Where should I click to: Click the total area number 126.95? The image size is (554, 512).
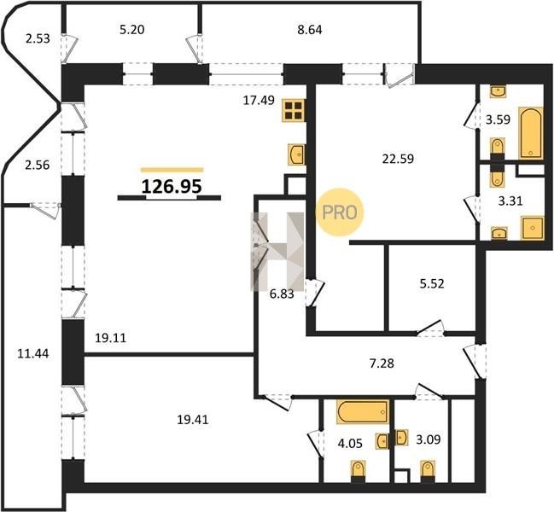(172, 186)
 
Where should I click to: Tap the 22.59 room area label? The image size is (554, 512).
(398, 159)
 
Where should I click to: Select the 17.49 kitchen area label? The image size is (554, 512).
(259, 101)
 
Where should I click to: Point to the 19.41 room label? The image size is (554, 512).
(193, 420)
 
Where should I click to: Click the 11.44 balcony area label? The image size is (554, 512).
(33, 353)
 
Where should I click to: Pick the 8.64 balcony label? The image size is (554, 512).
(310, 30)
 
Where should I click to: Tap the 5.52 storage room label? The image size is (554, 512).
(432, 283)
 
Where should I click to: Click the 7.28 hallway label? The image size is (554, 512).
(382, 363)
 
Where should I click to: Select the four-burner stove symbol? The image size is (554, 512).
(294, 111)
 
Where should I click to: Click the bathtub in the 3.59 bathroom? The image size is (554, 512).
(531, 133)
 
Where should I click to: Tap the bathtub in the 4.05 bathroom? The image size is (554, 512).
(363, 411)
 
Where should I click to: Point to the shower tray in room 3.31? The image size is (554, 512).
(532, 228)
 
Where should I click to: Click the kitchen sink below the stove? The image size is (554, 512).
(297, 154)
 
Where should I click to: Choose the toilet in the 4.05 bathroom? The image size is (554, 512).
(359, 471)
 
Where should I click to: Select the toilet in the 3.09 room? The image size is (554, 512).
(428, 471)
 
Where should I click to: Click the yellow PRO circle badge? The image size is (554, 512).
(340, 212)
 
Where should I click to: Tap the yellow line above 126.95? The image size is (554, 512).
(172, 170)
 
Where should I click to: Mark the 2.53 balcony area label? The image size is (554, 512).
(38, 38)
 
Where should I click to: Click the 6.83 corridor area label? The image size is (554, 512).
(282, 294)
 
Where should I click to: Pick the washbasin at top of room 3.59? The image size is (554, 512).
(499, 91)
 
